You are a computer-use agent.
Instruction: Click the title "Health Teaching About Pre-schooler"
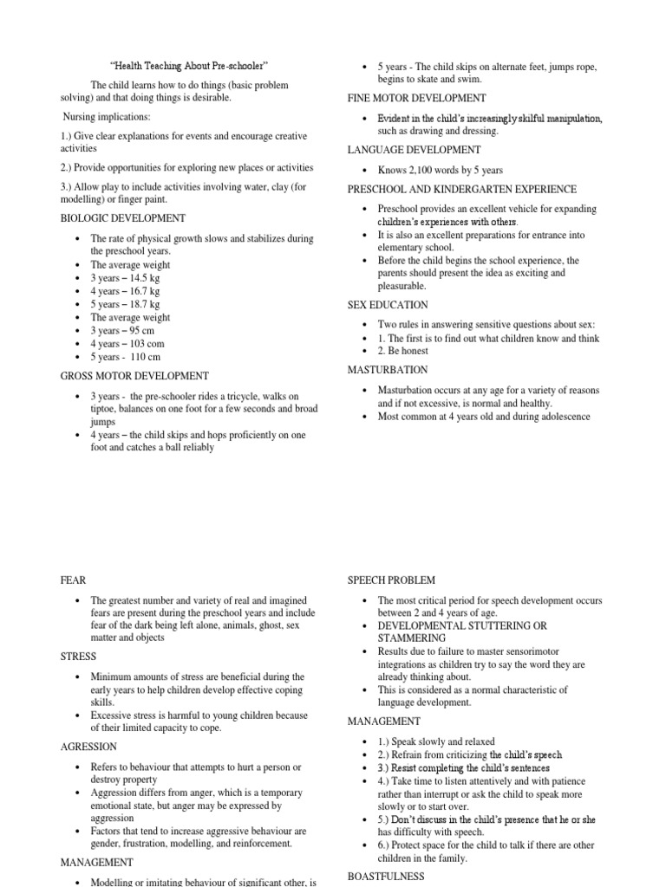tap(189, 66)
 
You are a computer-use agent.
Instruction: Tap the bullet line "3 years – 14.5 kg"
tap(125, 278)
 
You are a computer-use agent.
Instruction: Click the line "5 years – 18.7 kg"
tap(125, 304)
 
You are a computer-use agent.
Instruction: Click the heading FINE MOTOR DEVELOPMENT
tap(416, 98)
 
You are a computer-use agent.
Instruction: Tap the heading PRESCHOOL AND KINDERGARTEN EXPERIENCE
tap(461, 189)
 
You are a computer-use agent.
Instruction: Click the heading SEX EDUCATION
tap(388, 305)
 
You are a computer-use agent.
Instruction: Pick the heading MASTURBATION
tap(388, 371)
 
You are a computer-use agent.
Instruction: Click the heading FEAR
tap(73, 580)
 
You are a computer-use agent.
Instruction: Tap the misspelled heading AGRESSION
tap(88, 747)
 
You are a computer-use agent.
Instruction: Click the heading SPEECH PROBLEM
tap(391, 580)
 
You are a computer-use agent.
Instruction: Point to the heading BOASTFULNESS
tap(386, 877)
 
